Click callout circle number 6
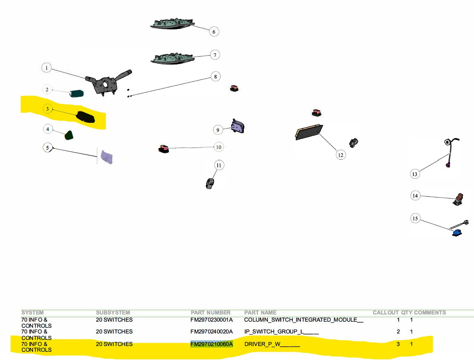(214, 32)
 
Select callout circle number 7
(215, 55)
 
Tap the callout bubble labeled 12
(341, 155)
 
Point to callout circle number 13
(415, 174)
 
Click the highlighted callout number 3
(47, 109)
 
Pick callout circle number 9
(218, 130)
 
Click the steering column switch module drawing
(107, 82)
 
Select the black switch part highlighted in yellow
(86, 117)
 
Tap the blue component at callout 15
(457, 232)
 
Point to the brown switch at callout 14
(459, 199)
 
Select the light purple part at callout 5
(107, 157)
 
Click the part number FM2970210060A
(212, 344)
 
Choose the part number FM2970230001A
(212, 320)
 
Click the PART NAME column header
(260, 312)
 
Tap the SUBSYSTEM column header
(113, 312)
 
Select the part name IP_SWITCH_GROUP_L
(281, 332)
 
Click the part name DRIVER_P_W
(272, 344)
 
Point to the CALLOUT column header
(385, 312)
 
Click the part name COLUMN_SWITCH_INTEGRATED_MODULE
(303, 320)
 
